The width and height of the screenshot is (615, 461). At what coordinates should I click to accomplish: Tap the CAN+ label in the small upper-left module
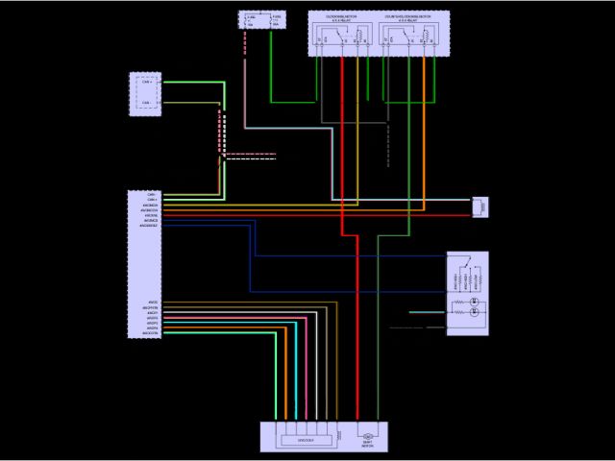point(146,84)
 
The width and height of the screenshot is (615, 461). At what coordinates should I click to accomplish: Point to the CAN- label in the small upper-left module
point(146,102)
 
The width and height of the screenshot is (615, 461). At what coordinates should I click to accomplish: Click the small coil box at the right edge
point(480,206)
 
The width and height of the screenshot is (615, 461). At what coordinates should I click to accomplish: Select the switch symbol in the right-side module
point(466,262)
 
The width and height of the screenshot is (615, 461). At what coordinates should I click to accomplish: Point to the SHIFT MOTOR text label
point(367,445)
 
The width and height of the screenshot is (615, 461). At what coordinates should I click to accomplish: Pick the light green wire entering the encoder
point(277,384)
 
